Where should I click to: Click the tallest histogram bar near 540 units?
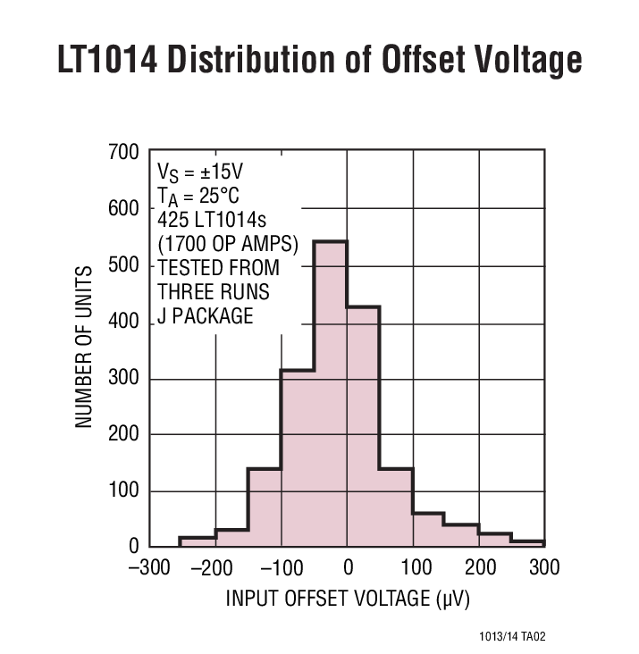pos(330,393)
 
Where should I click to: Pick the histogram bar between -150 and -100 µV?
pos(264,507)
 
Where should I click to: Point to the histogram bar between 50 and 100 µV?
pos(396,507)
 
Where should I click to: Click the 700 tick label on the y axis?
pos(123,153)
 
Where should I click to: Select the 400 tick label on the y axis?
pos(123,323)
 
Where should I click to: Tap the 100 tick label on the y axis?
pos(123,491)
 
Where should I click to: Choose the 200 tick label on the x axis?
pos(479,568)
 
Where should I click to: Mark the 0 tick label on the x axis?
pos(348,568)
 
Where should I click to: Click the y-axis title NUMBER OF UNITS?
pos(84,347)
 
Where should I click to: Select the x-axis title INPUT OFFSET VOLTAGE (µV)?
pos(348,597)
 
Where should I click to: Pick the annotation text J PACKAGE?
pos(205,315)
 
